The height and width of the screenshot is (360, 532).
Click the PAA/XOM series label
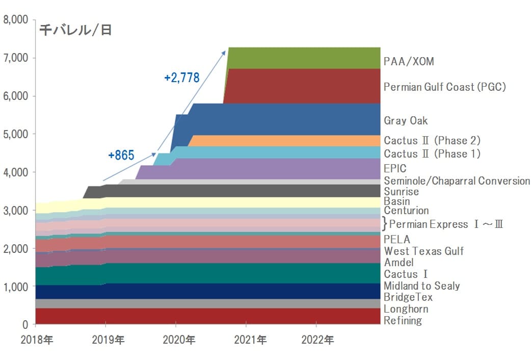pyautogui.click(x=409, y=62)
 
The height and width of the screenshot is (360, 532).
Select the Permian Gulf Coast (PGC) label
pyautogui.click(x=444, y=87)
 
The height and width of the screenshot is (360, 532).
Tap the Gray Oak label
pyautogui.click(x=406, y=121)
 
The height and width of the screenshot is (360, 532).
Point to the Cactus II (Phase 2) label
pyautogui.click(x=432, y=140)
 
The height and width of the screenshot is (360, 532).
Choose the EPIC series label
pyautogui.click(x=395, y=168)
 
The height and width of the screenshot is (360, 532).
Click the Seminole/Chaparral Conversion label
pyautogui.click(x=457, y=181)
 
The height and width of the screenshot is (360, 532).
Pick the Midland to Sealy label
pyautogui.click(x=421, y=286)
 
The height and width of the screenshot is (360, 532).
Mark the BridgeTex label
pyautogui.click(x=408, y=297)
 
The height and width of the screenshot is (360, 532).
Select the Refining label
pyautogui.click(x=403, y=321)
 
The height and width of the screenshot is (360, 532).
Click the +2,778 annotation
pyautogui.click(x=182, y=78)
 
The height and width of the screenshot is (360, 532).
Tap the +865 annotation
pyautogui.click(x=121, y=156)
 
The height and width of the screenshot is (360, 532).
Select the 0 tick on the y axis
pyautogui.click(x=24, y=325)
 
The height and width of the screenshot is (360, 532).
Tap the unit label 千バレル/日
pyautogui.click(x=75, y=30)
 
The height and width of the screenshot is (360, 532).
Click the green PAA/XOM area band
pyautogui.click(x=304, y=58)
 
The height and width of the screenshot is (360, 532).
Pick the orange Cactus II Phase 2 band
pyautogui.click(x=285, y=141)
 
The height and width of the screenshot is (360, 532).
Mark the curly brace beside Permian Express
pyautogui.click(x=385, y=224)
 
